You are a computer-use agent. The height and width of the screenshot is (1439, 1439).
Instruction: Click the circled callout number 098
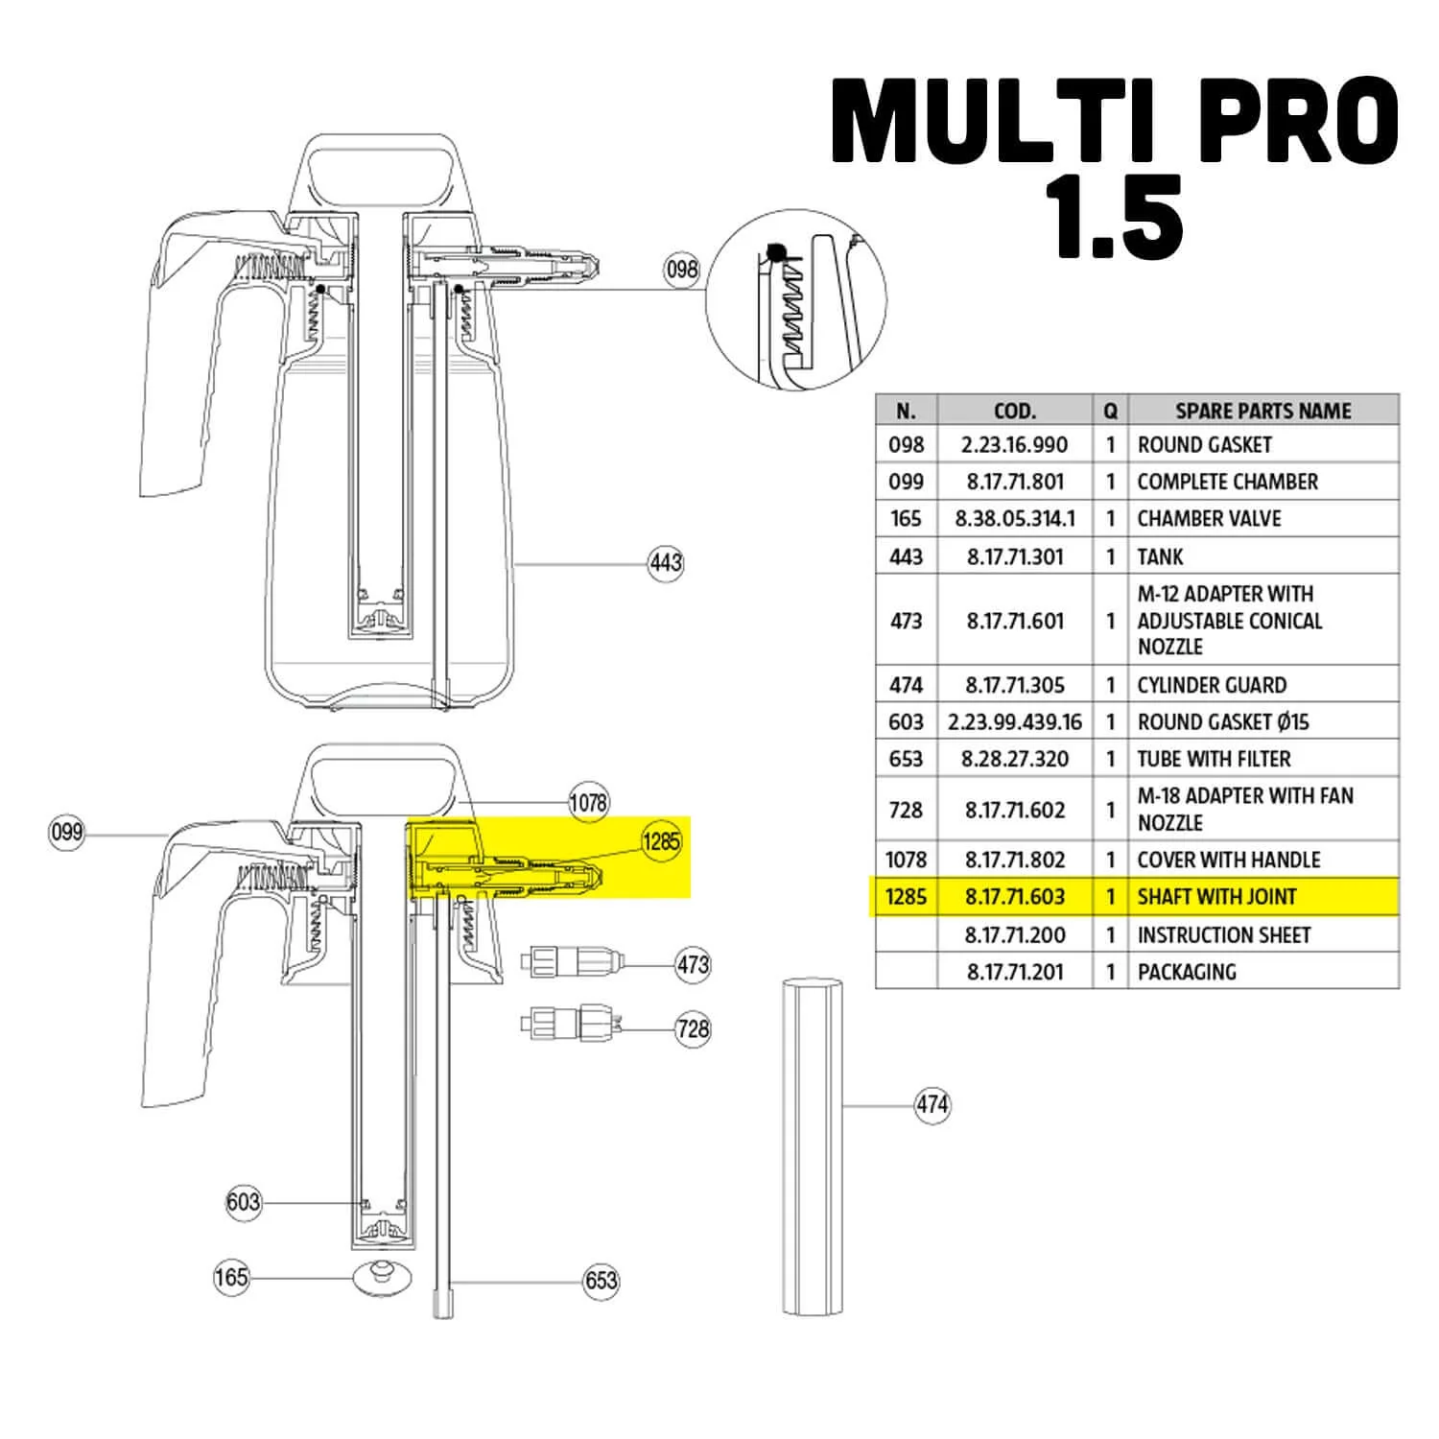tap(682, 270)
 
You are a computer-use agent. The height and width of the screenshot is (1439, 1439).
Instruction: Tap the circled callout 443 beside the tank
tap(666, 563)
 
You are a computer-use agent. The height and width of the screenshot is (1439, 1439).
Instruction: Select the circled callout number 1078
tap(588, 801)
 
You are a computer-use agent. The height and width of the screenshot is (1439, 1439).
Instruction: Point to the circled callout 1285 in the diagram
tap(661, 842)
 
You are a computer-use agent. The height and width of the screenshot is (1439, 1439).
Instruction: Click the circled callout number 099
tap(66, 832)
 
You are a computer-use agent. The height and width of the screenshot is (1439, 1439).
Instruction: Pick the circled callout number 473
tap(693, 964)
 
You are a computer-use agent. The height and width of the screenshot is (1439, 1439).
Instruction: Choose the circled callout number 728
tap(693, 1029)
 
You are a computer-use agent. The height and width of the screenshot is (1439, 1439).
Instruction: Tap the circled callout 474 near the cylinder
tap(932, 1105)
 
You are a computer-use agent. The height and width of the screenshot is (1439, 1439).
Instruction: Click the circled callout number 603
tap(244, 1202)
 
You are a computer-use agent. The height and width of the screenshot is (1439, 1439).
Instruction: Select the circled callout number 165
tap(231, 1278)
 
